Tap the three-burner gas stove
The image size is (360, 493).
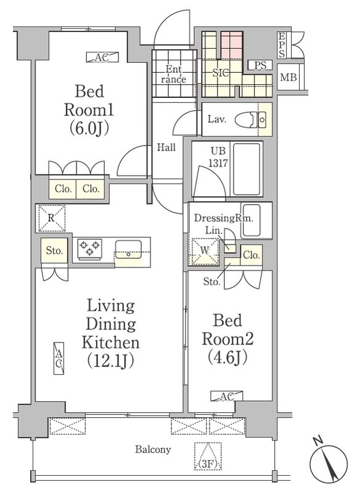click(90, 249)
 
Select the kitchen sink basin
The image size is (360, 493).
click(128, 250)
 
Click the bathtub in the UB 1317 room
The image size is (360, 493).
click(247, 168)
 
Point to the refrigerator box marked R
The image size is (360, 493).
click(52, 218)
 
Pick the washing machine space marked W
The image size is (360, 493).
click(205, 251)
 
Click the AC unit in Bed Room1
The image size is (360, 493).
click(103, 57)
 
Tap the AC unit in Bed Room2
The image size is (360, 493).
click(227, 396)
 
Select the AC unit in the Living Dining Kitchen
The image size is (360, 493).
click(59, 359)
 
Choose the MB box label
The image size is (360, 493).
click(288, 77)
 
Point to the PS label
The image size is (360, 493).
click(260, 65)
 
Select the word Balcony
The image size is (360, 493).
click(153, 449)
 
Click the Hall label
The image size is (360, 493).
click(166, 147)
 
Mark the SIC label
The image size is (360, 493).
click(221, 73)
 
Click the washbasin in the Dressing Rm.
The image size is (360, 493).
click(251, 221)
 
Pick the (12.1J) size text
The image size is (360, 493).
click(111, 361)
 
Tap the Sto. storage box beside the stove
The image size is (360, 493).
click(54, 251)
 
